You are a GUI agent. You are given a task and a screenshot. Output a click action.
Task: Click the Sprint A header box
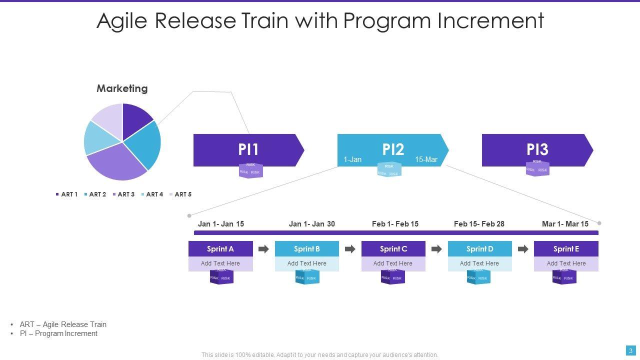220,249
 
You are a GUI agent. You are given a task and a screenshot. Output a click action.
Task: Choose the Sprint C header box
393,249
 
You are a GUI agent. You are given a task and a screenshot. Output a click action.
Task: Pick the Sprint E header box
566,249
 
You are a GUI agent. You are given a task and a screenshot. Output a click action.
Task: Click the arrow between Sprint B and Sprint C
350,249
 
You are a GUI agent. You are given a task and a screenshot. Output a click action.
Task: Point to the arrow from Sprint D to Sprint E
523,249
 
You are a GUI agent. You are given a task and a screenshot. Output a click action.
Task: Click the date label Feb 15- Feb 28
479,224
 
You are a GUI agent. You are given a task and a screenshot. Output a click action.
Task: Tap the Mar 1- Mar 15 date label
565,224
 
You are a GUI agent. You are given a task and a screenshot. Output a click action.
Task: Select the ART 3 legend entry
123,194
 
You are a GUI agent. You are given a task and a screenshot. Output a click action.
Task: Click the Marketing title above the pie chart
122,88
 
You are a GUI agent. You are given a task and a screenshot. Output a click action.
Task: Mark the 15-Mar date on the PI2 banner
426,159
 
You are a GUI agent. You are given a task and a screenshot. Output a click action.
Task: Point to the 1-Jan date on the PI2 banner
352,159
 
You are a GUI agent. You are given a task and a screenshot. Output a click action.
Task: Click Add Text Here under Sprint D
479,263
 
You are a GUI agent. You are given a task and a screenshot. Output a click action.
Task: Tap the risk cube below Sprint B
307,276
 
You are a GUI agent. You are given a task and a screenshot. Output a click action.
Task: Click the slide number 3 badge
631,350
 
